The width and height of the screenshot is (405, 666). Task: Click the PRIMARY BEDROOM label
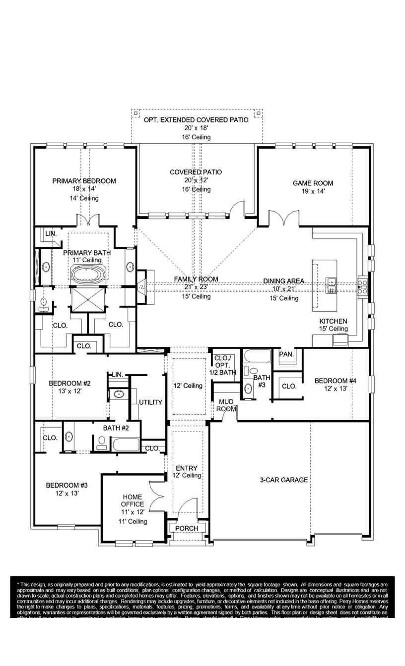84,181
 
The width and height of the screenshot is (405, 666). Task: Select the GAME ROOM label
313,183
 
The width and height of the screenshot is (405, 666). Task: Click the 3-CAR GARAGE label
284,480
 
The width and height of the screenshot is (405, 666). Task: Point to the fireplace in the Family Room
142,286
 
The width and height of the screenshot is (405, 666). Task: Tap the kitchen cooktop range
363,286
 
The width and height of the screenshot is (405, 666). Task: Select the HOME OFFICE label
133,500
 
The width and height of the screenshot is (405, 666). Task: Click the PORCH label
187,528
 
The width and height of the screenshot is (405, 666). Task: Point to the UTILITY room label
150,402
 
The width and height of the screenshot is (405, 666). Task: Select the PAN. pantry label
286,354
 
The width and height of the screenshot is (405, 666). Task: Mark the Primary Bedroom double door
87,220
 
